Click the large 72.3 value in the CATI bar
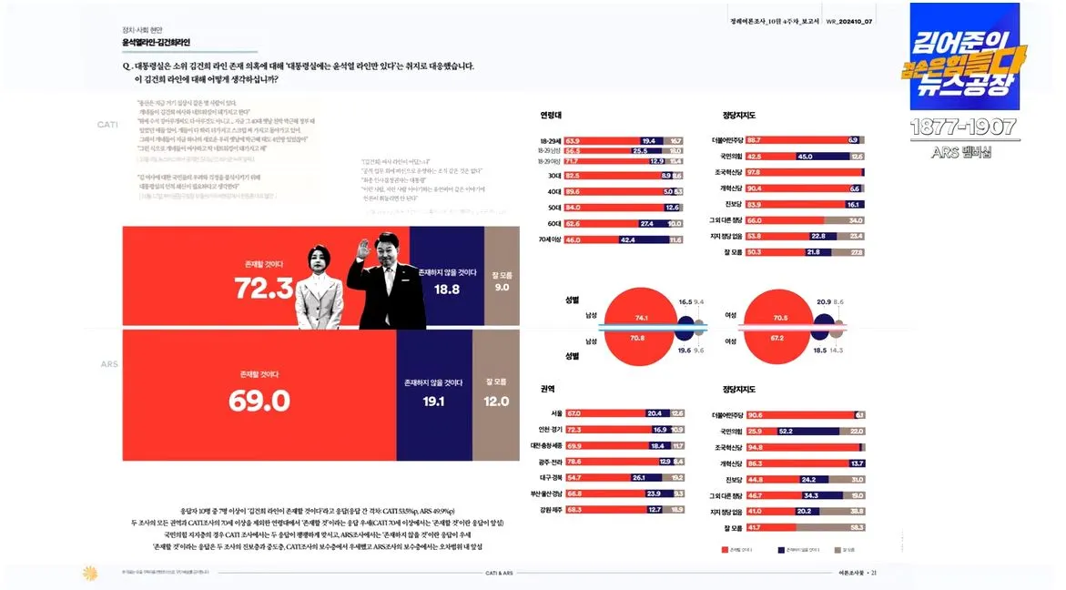(263, 289)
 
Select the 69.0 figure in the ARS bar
(259, 401)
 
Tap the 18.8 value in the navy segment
(446, 290)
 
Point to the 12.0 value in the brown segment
(496, 401)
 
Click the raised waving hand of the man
(365, 248)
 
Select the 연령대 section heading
(551, 116)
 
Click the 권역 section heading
(546, 389)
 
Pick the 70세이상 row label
(549, 240)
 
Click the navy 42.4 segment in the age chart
(627, 240)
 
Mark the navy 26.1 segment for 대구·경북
(639, 477)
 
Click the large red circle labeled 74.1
(641, 318)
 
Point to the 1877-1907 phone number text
(964, 127)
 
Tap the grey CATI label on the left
(107, 124)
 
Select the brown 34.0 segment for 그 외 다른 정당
(844, 220)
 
